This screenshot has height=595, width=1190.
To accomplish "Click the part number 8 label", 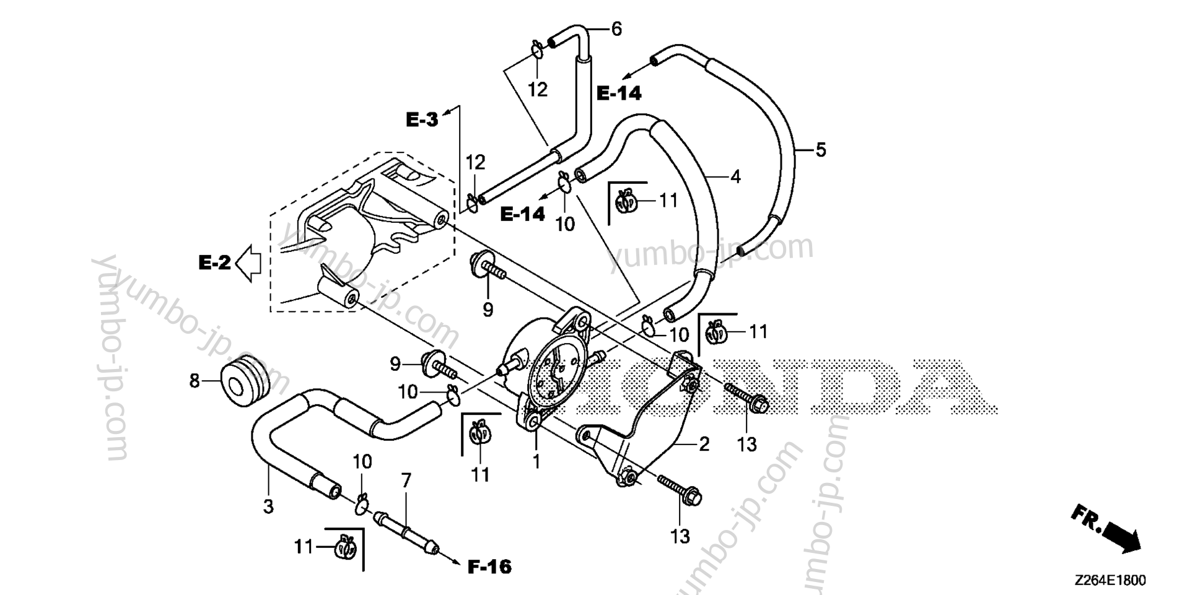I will click(195, 381).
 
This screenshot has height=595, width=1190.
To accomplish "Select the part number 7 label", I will click(406, 480).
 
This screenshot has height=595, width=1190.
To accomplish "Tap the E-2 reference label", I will click(214, 263).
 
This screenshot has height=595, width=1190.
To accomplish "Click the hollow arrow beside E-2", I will click(250, 263).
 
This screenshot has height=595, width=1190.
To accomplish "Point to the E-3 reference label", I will click(422, 119).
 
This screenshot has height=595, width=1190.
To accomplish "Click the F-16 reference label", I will click(489, 566).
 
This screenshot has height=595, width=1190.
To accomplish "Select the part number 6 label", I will click(616, 28).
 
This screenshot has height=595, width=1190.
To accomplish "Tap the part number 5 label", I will click(820, 149).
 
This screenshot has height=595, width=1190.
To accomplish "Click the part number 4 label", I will click(735, 177).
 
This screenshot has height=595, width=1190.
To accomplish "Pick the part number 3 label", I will click(268, 506).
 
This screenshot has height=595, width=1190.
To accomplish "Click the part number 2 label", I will click(704, 444).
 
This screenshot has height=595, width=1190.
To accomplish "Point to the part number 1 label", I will click(536, 461).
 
